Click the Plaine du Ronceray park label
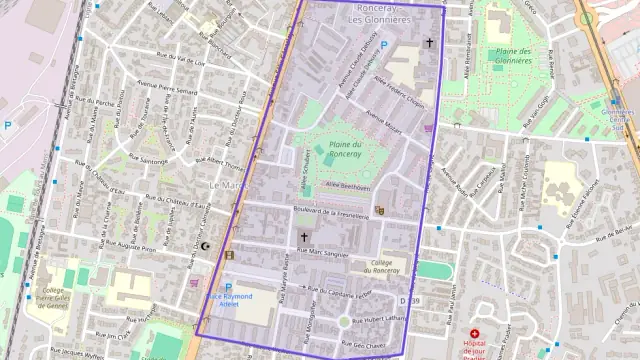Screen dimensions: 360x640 pos(345,151)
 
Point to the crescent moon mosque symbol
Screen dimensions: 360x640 pos(206,246)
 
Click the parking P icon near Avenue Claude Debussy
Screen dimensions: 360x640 pos(383,45)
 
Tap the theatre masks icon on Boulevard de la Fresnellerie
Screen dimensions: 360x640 pos(379,211)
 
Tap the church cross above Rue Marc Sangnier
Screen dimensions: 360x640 pos(304,238)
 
